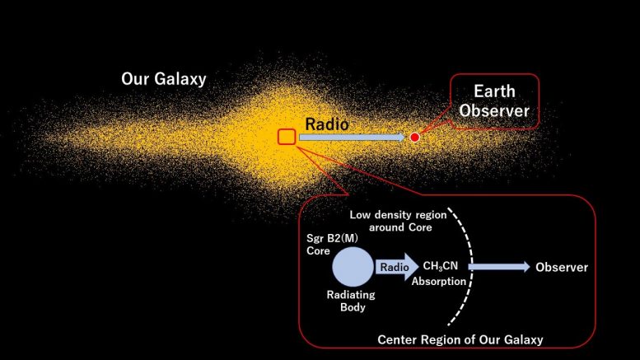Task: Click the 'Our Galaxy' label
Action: pyautogui.click(x=164, y=79)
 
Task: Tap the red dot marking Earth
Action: pyautogui.click(x=414, y=137)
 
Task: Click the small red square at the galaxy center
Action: pyautogui.click(x=287, y=137)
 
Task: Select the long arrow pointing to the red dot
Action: pyautogui.click(x=353, y=137)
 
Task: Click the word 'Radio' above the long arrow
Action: pyautogui.click(x=327, y=124)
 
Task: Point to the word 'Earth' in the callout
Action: pyautogui.click(x=494, y=91)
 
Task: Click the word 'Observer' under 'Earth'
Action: pyautogui.click(x=494, y=110)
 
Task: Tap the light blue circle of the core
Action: pyautogui.click(x=353, y=267)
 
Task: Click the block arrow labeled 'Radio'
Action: pyautogui.click(x=397, y=267)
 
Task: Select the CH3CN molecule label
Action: pyautogui.click(x=441, y=266)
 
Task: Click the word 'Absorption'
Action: pyautogui.click(x=439, y=281)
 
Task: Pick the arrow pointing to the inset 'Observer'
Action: pyautogui.click(x=499, y=267)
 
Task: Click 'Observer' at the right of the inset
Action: pyautogui.click(x=562, y=268)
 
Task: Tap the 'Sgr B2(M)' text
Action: pyautogui.click(x=332, y=238)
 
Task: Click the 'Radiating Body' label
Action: pyautogui.click(x=351, y=301)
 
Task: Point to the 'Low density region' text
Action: pyautogui.click(x=398, y=215)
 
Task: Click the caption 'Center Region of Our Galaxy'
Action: pyautogui.click(x=460, y=339)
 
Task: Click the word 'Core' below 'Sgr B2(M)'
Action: pyautogui.click(x=318, y=250)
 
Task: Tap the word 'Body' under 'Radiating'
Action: pyautogui.click(x=353, y=307)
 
